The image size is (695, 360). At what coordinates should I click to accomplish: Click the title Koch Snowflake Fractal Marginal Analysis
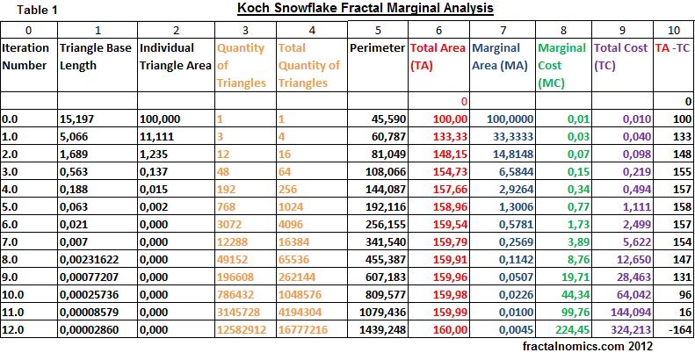366,9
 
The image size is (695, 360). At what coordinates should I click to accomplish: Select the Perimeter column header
377,47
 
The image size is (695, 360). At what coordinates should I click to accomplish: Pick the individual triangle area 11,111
158,136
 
